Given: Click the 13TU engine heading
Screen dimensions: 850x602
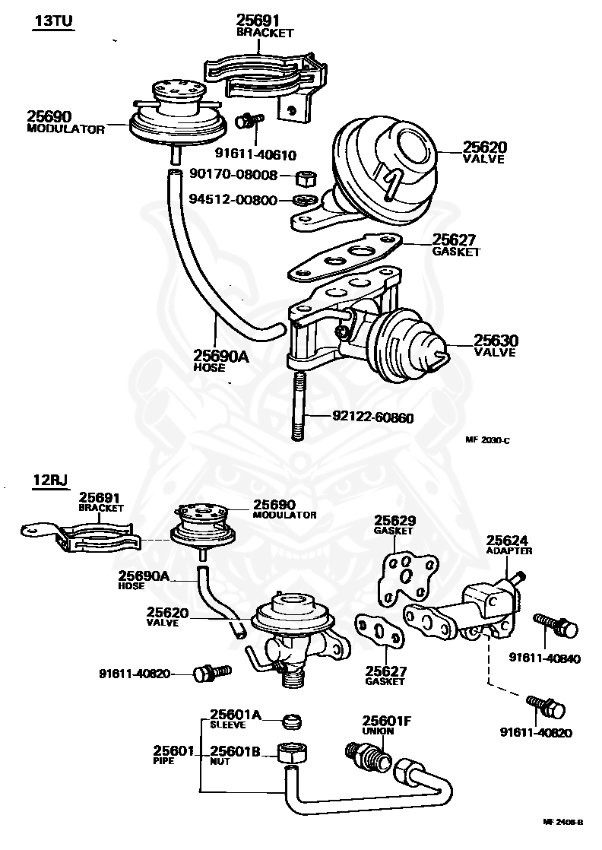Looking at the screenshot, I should click(52, 21).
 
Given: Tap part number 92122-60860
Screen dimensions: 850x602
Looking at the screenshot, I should click(372, 417).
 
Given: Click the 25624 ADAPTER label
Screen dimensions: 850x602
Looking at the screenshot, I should click(509, 544).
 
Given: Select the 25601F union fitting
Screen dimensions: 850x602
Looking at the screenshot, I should click(368, 755).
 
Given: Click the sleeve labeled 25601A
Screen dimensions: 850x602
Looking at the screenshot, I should click(290, 719).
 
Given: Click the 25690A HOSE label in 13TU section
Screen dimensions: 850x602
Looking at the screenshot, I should click(220, 359).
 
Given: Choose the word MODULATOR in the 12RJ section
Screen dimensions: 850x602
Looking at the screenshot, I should click(284, 515).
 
